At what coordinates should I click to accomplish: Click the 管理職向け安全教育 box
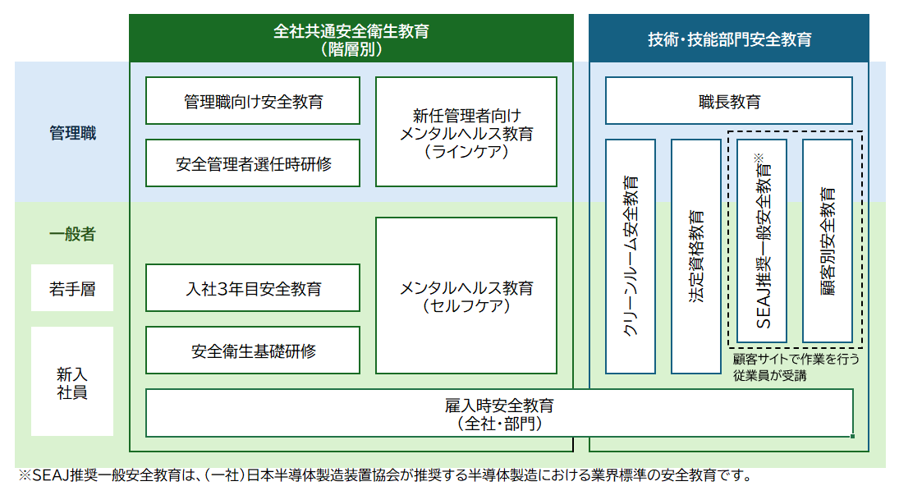pos(253,101)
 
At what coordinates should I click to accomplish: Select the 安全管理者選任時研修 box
pos(253,163)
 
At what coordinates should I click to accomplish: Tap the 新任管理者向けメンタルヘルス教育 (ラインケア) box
pos(466,131)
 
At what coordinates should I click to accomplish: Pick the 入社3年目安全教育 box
pos(253,288)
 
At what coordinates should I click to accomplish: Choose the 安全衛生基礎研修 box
pos(253,351)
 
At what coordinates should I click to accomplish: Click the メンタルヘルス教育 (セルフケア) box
pos(466,288)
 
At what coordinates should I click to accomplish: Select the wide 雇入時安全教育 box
pos(499,413)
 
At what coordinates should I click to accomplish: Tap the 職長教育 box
pos(728,101)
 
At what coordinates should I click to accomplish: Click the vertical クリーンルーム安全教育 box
pos(631,255)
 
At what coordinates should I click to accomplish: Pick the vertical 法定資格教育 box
pos(695,255)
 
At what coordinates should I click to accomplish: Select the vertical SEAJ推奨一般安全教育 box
pos(762,241)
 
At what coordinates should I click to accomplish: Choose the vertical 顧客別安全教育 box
pos(827,241)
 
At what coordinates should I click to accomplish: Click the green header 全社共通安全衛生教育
pos(351,38)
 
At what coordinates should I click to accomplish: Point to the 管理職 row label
pos(72,133)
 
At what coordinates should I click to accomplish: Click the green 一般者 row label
pos(72,234)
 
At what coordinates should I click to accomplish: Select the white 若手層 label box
pos(72,288)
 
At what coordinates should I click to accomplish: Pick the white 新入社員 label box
pos(72,382)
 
